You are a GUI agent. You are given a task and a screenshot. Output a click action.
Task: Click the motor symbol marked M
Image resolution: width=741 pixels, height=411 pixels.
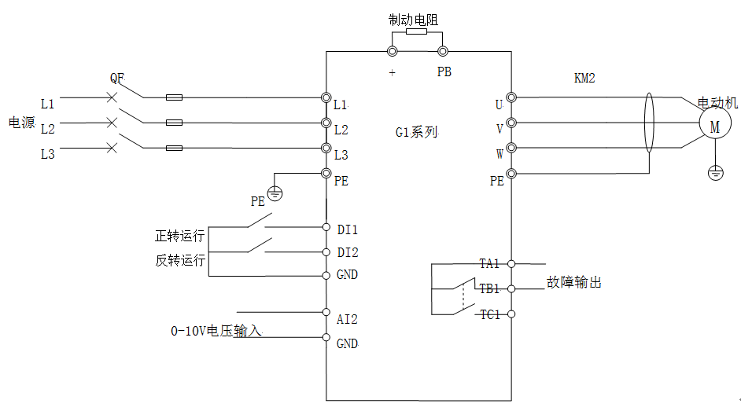(715, 126)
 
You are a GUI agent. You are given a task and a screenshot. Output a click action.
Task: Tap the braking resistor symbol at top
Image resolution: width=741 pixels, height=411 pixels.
(416, 33)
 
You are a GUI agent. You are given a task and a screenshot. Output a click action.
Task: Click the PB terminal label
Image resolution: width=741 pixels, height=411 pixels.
(444, 72)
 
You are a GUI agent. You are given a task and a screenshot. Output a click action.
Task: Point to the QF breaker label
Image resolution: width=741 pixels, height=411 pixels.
(117, 79)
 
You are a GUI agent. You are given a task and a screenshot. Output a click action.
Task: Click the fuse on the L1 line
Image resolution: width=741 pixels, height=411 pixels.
(175, 98)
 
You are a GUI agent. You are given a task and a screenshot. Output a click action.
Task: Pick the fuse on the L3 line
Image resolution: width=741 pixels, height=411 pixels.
(175, 148)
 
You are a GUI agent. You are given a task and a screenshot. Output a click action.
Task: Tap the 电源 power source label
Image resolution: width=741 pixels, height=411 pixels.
(21, 123)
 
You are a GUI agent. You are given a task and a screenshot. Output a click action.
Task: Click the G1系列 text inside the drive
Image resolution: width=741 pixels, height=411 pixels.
(416, 132)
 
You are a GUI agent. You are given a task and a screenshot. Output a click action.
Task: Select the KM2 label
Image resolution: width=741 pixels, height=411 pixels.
(584, 79)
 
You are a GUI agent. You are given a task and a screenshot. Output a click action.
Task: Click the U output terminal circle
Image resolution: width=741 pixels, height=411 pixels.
(511, 97)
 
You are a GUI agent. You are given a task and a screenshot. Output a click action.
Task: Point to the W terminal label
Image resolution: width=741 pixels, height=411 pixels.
(500, 154)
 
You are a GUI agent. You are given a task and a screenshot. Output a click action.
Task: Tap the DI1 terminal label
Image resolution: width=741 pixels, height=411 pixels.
(347, 229)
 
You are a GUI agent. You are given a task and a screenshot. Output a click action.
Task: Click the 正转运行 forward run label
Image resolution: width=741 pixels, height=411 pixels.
(180, 236)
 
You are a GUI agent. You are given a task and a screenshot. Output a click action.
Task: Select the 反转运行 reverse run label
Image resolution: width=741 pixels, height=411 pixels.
(180, 260)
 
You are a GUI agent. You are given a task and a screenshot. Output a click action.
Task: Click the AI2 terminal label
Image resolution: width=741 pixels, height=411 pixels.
(347, 319)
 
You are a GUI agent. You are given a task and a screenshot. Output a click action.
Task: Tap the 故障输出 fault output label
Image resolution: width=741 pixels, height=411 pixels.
(574, 282)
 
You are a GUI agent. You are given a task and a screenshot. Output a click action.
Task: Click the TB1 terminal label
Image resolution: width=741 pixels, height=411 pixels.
(490, 288)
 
